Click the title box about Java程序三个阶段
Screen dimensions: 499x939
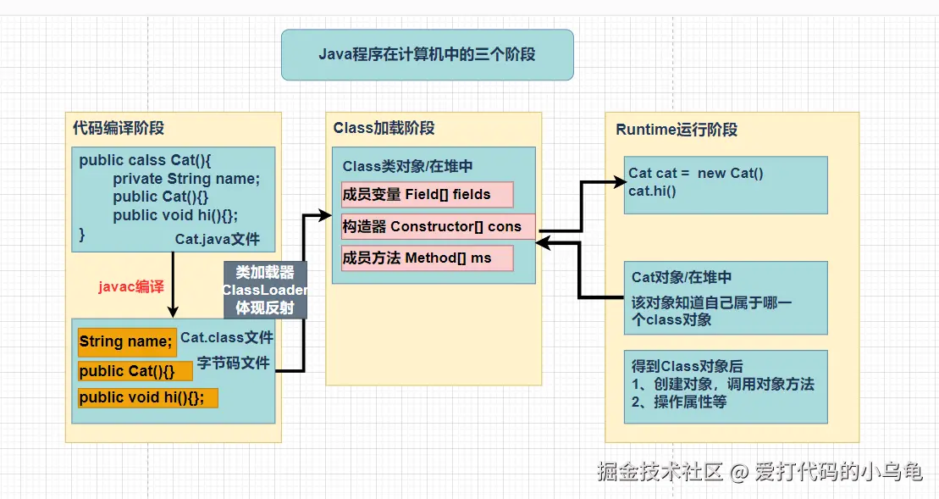pos(427,55)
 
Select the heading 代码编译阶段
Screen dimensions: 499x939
pos(119,129)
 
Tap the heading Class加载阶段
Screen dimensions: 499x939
pos(384,129)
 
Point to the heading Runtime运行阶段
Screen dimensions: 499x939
pos(676,130)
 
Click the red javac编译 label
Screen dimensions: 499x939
pos(130,286)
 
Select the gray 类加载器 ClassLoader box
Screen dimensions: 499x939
pos(265,290)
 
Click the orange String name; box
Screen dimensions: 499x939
pos(127,341)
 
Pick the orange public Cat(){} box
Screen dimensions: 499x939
pos(135,371)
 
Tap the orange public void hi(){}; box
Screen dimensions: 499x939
pos(147,398)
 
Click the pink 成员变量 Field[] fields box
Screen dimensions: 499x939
pos(427,194)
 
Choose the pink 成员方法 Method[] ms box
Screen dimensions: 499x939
pos(427,258)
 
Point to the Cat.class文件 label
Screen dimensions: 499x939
pos(227,338)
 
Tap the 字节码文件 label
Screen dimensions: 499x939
pos(233,363)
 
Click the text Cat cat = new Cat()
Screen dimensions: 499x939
pos(696,174)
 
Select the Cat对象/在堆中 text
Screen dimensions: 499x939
pos(682,277)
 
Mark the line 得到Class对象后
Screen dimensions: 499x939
pos(687,366)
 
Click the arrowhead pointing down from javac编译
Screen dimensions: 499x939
pos(172,311)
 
